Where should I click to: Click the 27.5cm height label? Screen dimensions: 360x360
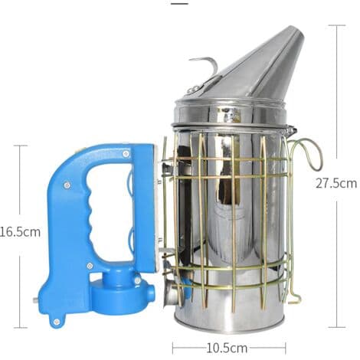pos(336,183)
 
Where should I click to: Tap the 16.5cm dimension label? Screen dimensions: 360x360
pos(20,232)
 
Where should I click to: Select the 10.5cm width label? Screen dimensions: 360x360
pos(227,348)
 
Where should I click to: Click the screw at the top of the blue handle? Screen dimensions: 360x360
pos(126,154)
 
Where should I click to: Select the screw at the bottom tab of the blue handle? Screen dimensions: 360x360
pos(57,322)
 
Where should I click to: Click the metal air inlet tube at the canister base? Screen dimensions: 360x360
pos(173,294)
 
